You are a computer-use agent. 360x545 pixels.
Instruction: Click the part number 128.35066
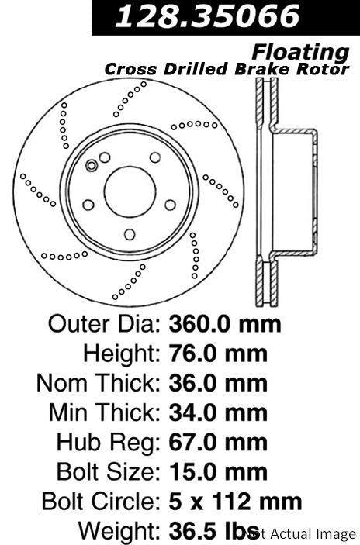click(208, 16)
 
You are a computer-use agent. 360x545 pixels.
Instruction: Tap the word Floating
click(300, 53)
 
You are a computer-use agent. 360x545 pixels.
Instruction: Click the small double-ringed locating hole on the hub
click(92, 166)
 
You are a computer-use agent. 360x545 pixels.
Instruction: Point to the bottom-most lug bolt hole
click(130, 235)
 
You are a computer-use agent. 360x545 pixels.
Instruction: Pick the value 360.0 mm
click(225, 324)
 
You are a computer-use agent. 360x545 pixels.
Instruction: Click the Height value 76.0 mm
click(218, 354)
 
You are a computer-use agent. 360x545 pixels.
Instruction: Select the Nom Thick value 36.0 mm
click(218, 384)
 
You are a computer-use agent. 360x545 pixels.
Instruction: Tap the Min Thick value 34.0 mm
click(218, 413)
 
